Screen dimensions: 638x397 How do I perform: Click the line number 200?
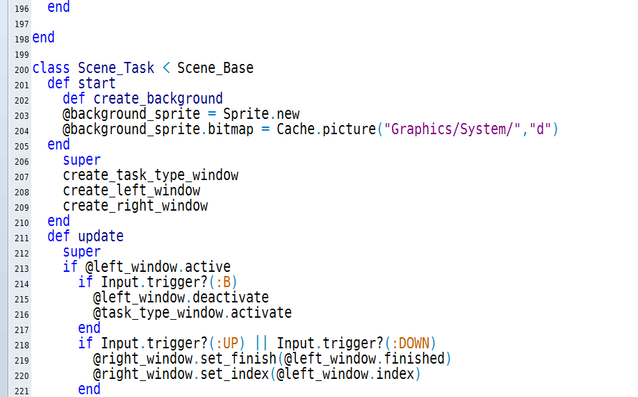(x=22, y=70)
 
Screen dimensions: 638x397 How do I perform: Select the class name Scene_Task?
(x=116, y=68)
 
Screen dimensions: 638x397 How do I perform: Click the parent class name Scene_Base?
(x=215, y=68)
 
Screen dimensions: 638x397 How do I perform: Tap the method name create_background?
(x=158, y=99)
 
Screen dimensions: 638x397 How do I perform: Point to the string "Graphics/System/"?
(x=452, y=129)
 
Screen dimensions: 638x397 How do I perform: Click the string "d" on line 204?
(x=540, y=129)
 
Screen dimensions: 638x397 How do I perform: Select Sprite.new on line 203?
(x=261, y=114)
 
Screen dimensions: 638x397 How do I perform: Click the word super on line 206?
(x=82, y=160)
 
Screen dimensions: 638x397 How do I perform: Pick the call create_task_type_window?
(x=151, y=175)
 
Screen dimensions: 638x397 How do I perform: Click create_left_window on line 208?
(x=131, y=191)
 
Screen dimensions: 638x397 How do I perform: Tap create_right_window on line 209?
(x=136, y=206)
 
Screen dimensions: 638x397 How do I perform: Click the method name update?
(x=101, y=236)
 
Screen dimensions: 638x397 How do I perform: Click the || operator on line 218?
(x=261, y=343)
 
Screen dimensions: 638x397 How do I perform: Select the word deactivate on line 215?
(x=231, y=298)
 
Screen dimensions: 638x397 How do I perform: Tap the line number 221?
(x=22, y=391)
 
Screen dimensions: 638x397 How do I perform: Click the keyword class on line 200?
(x=51, y=68)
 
